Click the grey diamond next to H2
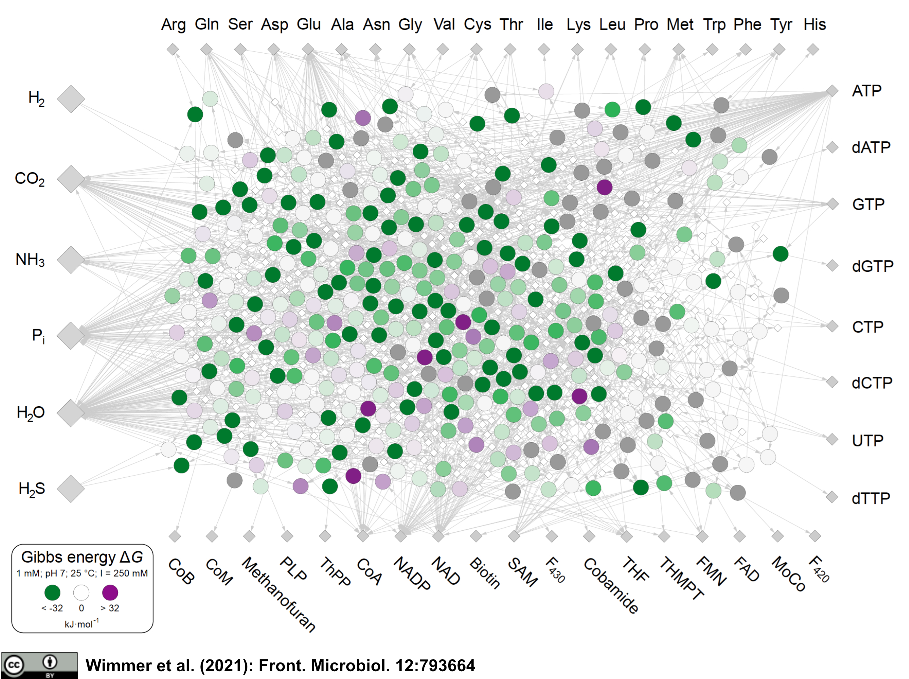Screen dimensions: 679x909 tap(71, 99)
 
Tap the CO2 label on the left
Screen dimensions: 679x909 tap(30, 179)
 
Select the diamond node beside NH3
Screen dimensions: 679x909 tap(71, 260)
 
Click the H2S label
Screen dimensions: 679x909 tap(32, 489)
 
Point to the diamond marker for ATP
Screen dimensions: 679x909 tap(832, 91)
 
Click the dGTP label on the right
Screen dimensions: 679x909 tap(872, 266)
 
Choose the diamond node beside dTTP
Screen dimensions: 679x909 tap(832, 497)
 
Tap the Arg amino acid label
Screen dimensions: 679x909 tap(173, 25)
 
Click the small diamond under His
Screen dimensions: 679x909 tap(813, 50)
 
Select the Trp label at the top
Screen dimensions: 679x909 tap(714, 25)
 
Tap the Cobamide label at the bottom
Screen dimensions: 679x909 tap(611, 586)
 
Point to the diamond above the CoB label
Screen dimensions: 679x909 tap(175, 537)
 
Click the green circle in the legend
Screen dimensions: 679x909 tap(52, 593)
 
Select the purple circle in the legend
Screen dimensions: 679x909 tap(110, 593)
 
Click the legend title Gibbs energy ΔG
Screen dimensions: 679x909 tap(82, 557)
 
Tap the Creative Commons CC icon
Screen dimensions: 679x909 tap(14, 665)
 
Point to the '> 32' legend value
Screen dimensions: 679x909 tap(110, 608)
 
